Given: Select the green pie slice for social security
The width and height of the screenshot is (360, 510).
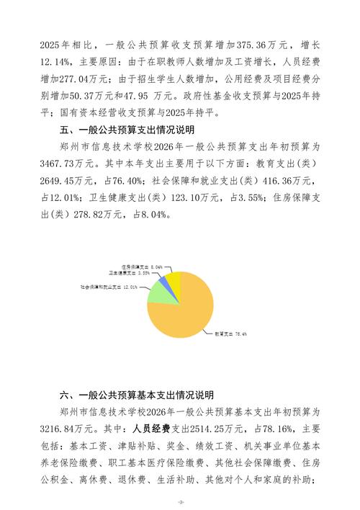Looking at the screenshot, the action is pos(159,292).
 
